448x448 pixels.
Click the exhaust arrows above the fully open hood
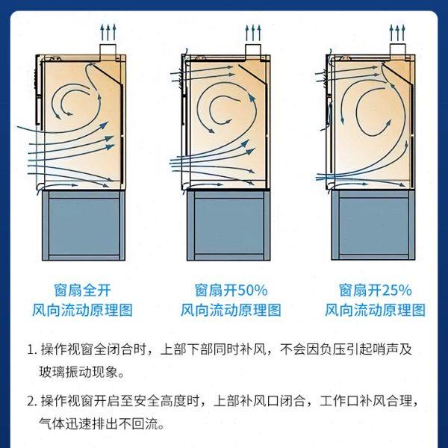109,31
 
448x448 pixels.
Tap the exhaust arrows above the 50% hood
253,32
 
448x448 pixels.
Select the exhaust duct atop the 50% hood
253,50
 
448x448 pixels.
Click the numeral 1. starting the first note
31,349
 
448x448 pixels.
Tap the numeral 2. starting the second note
31,400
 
